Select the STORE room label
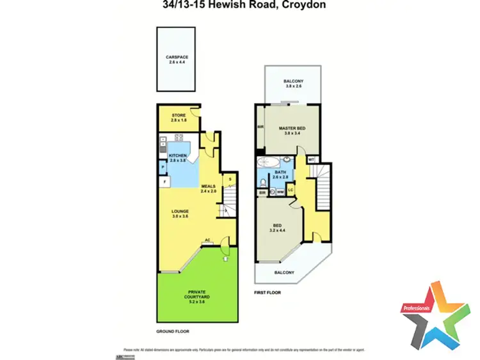[x=179, y=116]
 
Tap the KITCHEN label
[x=177, y=156]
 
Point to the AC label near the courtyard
[x=207, y=241]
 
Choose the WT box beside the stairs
[x=311, y=159]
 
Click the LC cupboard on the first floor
[x=291, y=190]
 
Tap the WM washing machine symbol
[x=280, y=191]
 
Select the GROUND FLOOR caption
[x=173, y=332]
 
